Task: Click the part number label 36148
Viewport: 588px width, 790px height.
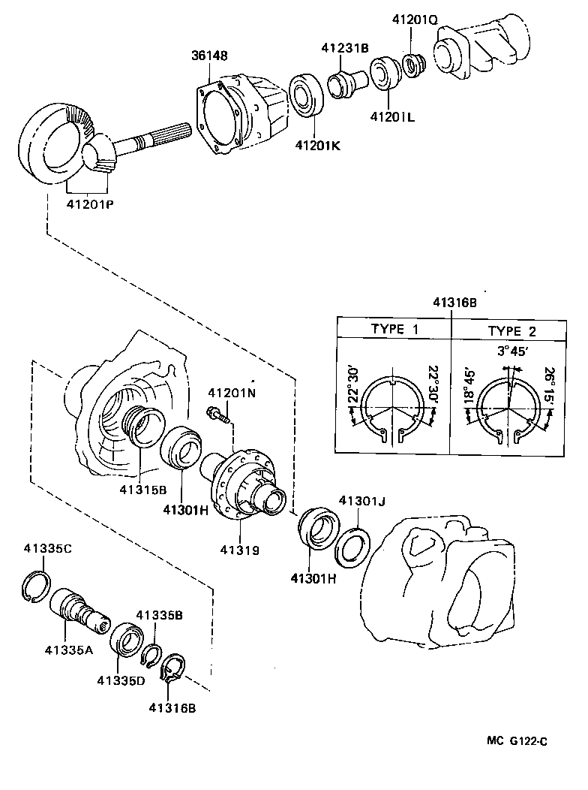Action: pos(208,56)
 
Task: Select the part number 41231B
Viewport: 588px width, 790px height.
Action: pos(344,47)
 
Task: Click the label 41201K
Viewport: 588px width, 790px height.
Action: pos(316,144)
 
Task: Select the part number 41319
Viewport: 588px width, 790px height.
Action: pos(239,550)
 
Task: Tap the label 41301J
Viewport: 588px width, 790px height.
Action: pos(361,500)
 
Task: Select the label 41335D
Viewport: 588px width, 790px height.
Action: pos(118,680)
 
